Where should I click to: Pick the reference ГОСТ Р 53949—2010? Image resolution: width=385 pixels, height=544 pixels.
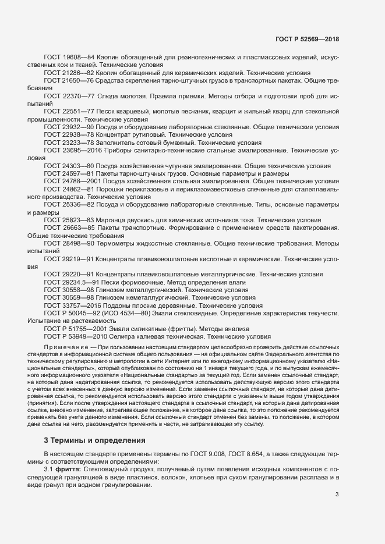tap(76, 336)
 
